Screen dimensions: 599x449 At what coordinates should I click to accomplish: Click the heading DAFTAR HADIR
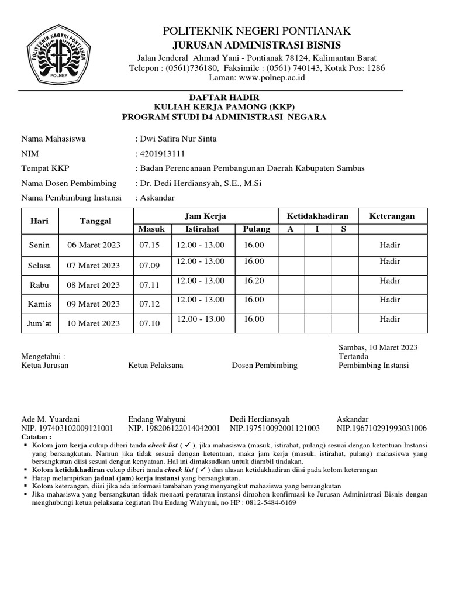coord(224,97)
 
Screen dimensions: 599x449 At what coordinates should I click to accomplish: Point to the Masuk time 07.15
coord(149,245)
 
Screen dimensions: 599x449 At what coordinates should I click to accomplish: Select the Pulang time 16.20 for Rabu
coord(254,281)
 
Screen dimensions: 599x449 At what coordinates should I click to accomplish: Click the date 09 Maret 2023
coord(94,304)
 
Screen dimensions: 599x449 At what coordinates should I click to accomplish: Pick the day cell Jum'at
coord(40,323)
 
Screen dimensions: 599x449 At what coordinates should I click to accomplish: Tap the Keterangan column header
coord(392,216)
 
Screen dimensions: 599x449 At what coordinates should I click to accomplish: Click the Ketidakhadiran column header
coord(317,216)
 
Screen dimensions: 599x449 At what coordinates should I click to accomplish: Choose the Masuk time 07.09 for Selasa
coord(149,266)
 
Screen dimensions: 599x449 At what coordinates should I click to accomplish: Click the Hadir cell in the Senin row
coord(390,245)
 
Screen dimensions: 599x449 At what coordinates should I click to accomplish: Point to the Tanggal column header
coord(94,221)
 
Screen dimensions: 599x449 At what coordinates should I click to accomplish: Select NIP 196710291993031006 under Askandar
coord(382,428)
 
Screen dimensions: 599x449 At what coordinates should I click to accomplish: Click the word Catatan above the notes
coord(36,436)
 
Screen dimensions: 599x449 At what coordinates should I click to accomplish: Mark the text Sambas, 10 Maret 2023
coord(378,347)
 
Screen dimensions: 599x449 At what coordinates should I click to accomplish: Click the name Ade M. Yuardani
coord(50,419)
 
